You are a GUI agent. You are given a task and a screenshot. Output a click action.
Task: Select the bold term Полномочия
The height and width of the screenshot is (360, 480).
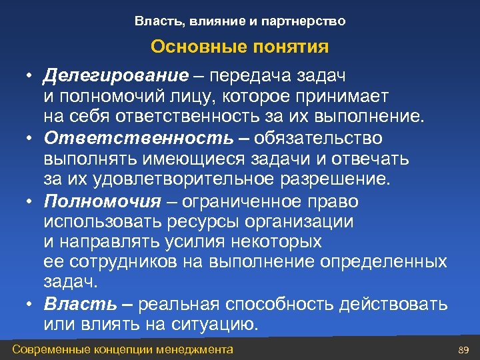(x=102, y=201)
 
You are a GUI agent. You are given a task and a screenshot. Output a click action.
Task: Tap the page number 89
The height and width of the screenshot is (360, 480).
(x=465, y=350)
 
